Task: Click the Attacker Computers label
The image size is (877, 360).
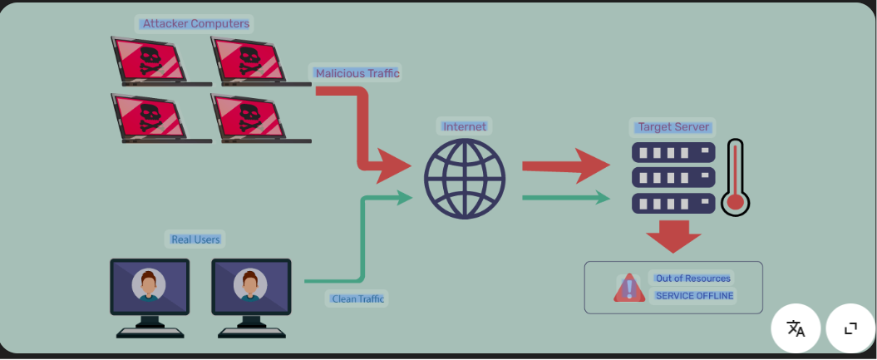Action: click(x=195, y=23)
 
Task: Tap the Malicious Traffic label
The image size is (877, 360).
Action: click(x=357, y=73)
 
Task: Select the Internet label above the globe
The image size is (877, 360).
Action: click(x=465, y=126)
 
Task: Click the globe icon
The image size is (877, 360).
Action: click(x=465, y=179)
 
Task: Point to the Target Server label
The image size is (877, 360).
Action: click(x=673, y=127)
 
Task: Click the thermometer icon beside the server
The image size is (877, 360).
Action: click(x=735, y=178)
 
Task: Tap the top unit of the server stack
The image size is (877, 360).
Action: click(x=673, y=153)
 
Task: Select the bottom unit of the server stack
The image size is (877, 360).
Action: click(x=673, y=203)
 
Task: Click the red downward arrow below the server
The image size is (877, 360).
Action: click(x=673, y=236)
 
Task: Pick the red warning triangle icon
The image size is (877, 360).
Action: click(x=629, y=288)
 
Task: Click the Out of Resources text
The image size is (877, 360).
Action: click(x=693, y=279)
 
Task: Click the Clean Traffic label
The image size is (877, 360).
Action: click(x=358, y=298)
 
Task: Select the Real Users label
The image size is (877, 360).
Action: click(x=195, y=239)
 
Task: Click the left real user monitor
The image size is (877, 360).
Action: click(x=150, y=287)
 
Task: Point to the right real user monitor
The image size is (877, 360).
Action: click(x=251, y=287)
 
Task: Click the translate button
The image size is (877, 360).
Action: click(x=796, y=328)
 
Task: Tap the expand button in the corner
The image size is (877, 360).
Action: click(x=850, y=328)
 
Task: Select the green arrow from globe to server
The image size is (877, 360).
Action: click(x=565, y=198)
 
